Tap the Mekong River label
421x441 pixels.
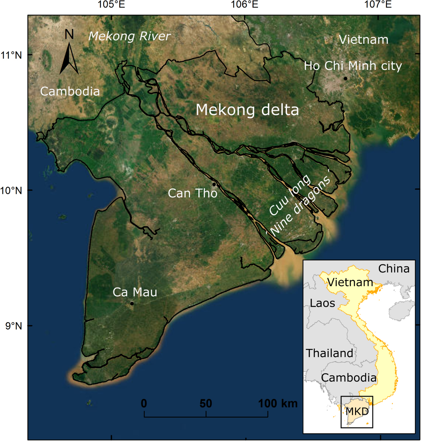[129, 36]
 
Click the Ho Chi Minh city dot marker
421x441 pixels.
[345, 79]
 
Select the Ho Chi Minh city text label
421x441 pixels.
[353, 66]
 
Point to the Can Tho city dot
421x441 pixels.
[214, 184]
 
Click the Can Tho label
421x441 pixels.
[193, 193]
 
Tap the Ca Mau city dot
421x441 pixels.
[132, 304]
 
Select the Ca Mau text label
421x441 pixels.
[135, 292]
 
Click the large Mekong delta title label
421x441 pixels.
[247, 110]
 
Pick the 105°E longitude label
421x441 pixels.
[111, 5]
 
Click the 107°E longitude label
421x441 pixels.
[378, 5]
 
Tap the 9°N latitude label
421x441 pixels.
[14, 326]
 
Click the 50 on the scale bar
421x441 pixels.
[206, 403]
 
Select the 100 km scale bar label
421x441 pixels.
[278, 403]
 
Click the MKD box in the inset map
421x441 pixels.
[357, 412]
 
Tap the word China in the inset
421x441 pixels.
[394, 269]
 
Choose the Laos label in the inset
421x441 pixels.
[322, 303]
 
